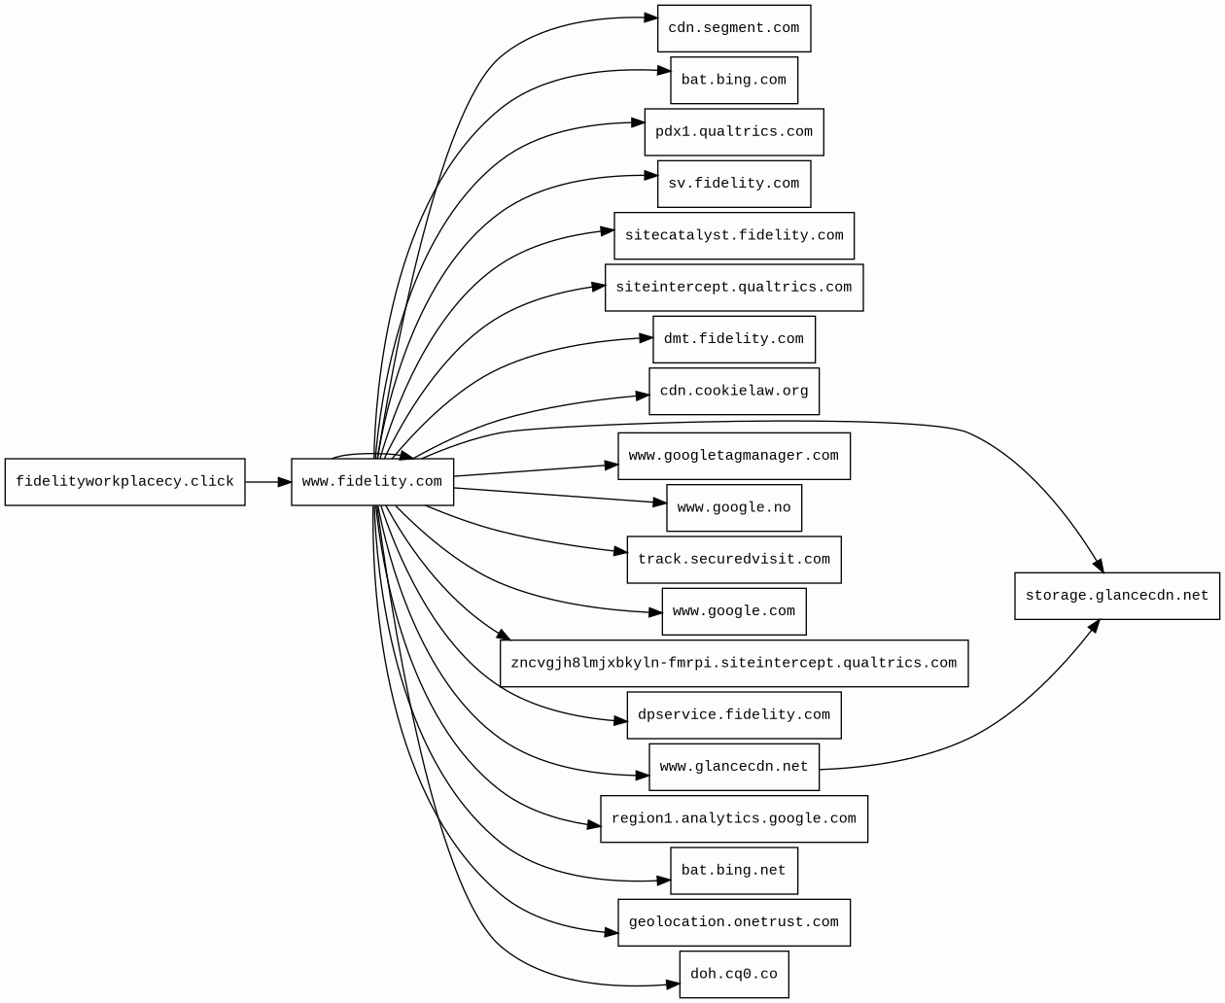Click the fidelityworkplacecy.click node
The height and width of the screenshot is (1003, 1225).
click(124, 482)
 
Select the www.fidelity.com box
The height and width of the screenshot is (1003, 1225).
click(372, 482)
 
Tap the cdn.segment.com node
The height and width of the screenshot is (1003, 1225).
click(734, 28)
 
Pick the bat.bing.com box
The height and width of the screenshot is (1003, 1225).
click(734, 80)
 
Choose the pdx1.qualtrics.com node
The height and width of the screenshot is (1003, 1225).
click(734, 132)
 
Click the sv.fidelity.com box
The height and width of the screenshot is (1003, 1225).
click(734, 184)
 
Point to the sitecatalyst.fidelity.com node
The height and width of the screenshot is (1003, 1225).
click(734, 236)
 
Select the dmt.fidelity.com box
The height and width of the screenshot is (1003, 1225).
click(734, 339)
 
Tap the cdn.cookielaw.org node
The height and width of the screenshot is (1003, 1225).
click(734, 392)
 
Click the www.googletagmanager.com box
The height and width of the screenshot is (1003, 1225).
click(734, 456)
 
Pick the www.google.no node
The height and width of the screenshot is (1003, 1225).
click(734, 508)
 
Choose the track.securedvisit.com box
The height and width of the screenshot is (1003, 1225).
click(734, 560)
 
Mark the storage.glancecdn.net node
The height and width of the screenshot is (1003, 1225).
click(1117, 596)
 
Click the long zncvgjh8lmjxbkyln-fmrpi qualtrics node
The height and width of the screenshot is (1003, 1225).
click(734, 664)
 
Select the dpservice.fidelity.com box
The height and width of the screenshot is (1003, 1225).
click(734, 715)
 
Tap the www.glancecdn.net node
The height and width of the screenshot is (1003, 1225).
click(734, 767)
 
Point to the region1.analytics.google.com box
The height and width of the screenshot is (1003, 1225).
click(734, 819)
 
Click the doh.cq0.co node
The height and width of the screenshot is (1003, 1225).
click(734, 974)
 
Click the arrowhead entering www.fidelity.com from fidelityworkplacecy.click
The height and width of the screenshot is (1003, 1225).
click(284, 482)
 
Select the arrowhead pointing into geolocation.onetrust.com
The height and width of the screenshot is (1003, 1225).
click(612, 934)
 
